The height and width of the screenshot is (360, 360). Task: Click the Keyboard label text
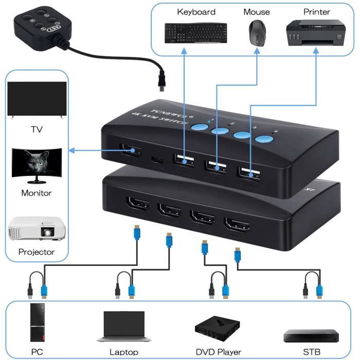[196, 11]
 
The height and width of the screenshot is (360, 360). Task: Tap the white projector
[35, 228]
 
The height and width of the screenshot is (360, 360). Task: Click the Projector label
[36, 252]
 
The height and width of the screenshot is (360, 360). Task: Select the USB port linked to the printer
[248, 174]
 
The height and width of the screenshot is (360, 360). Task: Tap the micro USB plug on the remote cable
[162, 85]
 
